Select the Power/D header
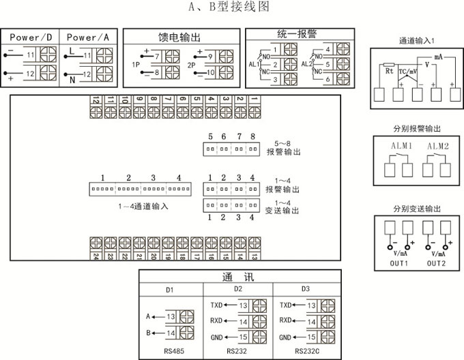(x=31, y=37)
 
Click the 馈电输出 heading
(x=180, y=36)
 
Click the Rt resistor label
(x=388, y=70)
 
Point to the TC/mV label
(x=408, y=70)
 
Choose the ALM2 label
(x=437, y=147)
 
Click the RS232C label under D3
(x=304, y=350)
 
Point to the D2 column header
(x=237, y=290)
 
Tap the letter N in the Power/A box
(x=71, y=79)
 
